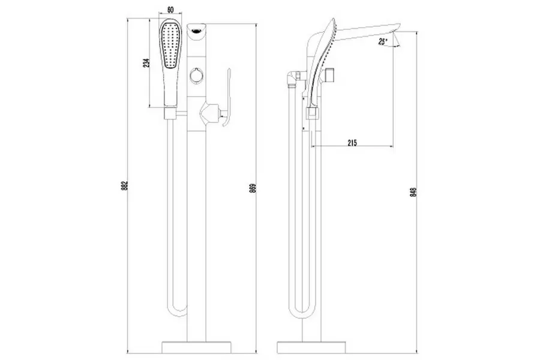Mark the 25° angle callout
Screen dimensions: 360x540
(x=382, y=41)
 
